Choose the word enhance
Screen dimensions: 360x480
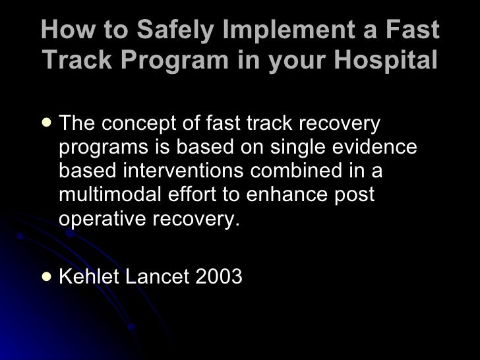point(301,195)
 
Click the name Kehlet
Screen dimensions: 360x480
point(82,278)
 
